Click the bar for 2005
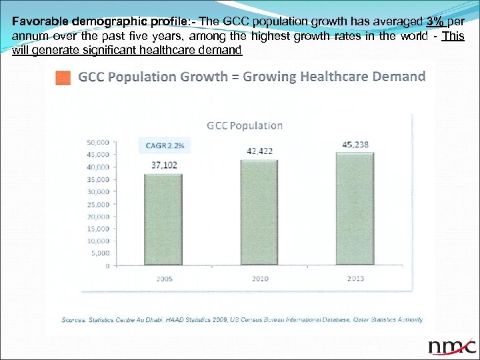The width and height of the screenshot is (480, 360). click(158, 219)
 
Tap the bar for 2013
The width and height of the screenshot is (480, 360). click(355, 209)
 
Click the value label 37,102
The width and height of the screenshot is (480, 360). click(164, 165)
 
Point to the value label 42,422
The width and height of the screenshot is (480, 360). click(259, 151)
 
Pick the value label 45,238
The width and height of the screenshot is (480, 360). click(355, 143)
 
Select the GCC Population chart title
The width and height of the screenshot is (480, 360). click(245, 125)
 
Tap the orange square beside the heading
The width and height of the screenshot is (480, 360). click(63, 77)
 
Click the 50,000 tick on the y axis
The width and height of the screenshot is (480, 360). click(98, 142)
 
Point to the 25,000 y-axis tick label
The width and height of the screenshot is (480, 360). click(98, 204)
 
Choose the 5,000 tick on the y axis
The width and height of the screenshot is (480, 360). click(100, 253)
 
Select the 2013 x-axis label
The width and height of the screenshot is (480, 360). click(355, 278)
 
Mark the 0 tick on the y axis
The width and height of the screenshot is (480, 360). click(107, 265)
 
